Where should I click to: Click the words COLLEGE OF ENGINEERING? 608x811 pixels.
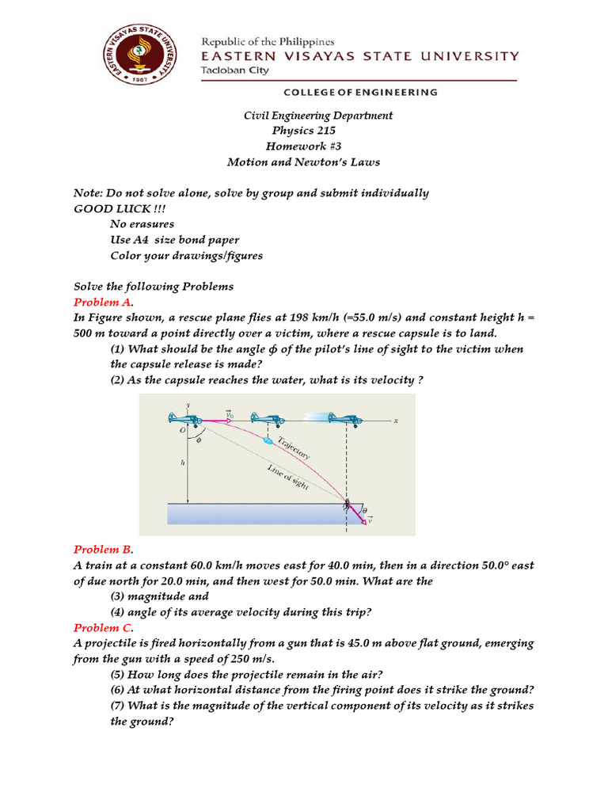click(x=361, y=92)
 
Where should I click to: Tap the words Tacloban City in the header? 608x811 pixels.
click(x=235, y=70)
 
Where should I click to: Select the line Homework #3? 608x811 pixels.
click(x=304, y=146)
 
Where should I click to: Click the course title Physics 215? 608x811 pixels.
click(x=304, y=131)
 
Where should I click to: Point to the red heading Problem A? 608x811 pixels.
click(x=104, y=302)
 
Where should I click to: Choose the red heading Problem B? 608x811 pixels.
click(x=104, y=549)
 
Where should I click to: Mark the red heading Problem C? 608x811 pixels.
click(x=104, y=627)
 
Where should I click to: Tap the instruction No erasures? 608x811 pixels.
click(x=142, y=224)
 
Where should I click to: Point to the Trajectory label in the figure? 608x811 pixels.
click(x=293, y=447)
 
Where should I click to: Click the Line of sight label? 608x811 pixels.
click(x=287, y=478)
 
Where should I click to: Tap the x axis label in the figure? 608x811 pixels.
click(x=395, y=421)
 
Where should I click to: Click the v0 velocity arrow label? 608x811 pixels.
click(x=229, y=413)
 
